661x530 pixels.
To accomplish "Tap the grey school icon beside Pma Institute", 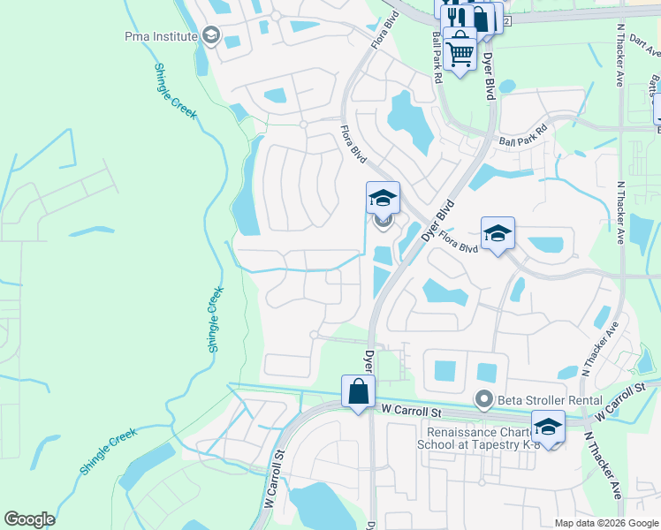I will point(210,36).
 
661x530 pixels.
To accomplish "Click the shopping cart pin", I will point(460,50).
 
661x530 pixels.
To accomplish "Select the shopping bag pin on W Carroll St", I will point(358,391).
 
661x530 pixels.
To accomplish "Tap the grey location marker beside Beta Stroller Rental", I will point(483,400).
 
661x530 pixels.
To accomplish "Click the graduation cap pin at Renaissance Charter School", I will point(548,428).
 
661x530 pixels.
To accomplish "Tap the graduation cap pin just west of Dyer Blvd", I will point(384,198).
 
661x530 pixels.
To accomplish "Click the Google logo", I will point(30,519).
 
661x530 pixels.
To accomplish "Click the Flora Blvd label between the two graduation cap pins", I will point(458,243).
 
